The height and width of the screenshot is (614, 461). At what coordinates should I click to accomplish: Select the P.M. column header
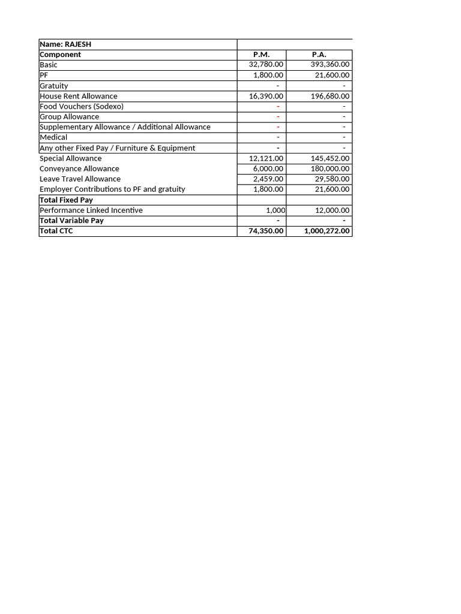(262, 55)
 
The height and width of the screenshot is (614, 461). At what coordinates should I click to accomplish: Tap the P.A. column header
(319, 55)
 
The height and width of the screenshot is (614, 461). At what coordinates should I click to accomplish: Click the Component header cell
(60, 55)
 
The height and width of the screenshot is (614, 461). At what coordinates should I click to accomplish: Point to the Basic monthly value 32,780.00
(266, 65)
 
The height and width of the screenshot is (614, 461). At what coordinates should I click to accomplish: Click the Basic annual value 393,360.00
(330, 65)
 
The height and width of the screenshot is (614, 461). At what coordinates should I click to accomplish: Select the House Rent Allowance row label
(79, 96)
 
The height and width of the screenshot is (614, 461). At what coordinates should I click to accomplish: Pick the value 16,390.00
(266, 96)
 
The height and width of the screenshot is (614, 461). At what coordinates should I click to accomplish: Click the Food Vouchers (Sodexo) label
(82, 106)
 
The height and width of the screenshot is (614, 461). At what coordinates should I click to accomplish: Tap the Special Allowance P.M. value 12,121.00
(266, 158)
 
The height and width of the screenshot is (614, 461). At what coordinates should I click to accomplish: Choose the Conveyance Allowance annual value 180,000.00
(328, 168)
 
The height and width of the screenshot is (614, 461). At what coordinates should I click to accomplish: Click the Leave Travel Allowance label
(80, 179)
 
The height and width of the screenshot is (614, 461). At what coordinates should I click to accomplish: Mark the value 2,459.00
(268, 179)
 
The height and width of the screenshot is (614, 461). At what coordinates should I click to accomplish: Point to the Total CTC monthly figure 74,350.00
(266, 231)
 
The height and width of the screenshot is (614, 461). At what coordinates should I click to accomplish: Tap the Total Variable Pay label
(71, 221)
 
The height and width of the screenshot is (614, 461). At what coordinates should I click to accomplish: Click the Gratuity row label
(54, 86)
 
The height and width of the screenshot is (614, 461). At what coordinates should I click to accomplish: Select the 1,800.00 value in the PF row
(268, 76)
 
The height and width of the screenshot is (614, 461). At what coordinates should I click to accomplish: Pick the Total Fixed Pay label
(66, 200)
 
